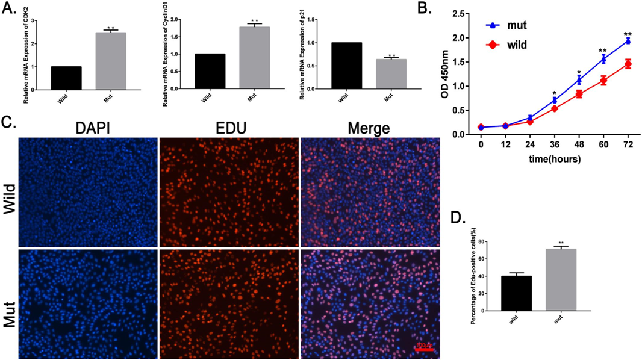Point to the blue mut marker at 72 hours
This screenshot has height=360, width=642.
pyautogui.click(x=628, y=41)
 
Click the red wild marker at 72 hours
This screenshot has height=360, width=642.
pyautogui.click(x=628, y=64)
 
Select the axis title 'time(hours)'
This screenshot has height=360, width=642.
pyautogui.click(x=555, y=160)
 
